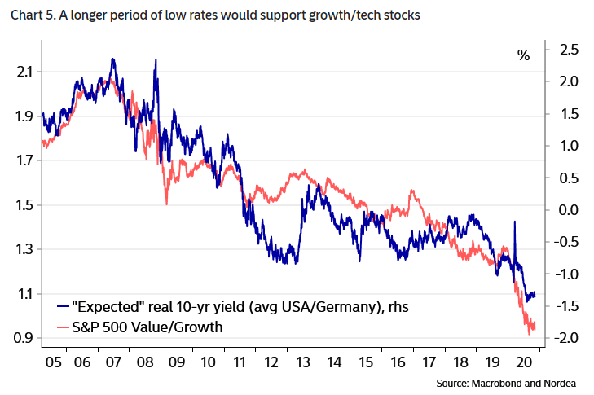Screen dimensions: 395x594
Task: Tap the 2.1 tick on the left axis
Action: click(25, 72)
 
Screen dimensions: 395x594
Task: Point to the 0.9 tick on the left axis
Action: click(25, 338)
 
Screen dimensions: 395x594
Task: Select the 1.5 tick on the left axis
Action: click(25, 205)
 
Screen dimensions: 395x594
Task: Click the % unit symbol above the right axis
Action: click(523, 55)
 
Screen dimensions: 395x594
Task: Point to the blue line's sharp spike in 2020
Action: click(514, 222)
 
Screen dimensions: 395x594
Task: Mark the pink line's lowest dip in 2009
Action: click(166, 204)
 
